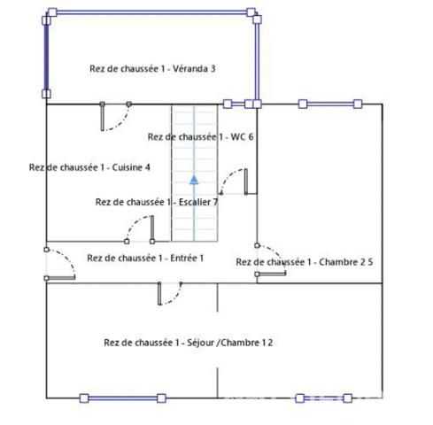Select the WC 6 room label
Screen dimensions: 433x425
click(x=242, y=136)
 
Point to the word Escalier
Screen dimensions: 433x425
click(x=195, y=202)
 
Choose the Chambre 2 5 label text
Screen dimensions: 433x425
click(x=346, y=262)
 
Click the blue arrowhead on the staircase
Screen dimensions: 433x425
click(x=194, y=180)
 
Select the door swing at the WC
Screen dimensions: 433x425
click(x=233, y=182)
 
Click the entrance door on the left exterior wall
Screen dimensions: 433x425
click(x=60, y=264)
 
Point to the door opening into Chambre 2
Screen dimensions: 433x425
click(x=271, y=259)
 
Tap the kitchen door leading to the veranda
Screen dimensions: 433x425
click(x=115, y=116)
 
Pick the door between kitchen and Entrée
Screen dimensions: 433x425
click(x=140, y=229)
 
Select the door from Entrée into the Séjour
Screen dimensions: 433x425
click(x=170, y=293)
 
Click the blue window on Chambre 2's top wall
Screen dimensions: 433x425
click(x=330, y=104)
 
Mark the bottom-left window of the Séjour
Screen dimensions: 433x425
click(x=123, y=398)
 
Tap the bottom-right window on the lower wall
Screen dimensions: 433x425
click(x=324, y=398)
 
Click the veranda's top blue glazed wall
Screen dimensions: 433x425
click(x=151, y=12)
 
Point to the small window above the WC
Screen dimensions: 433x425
click(x=238, y=104)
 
